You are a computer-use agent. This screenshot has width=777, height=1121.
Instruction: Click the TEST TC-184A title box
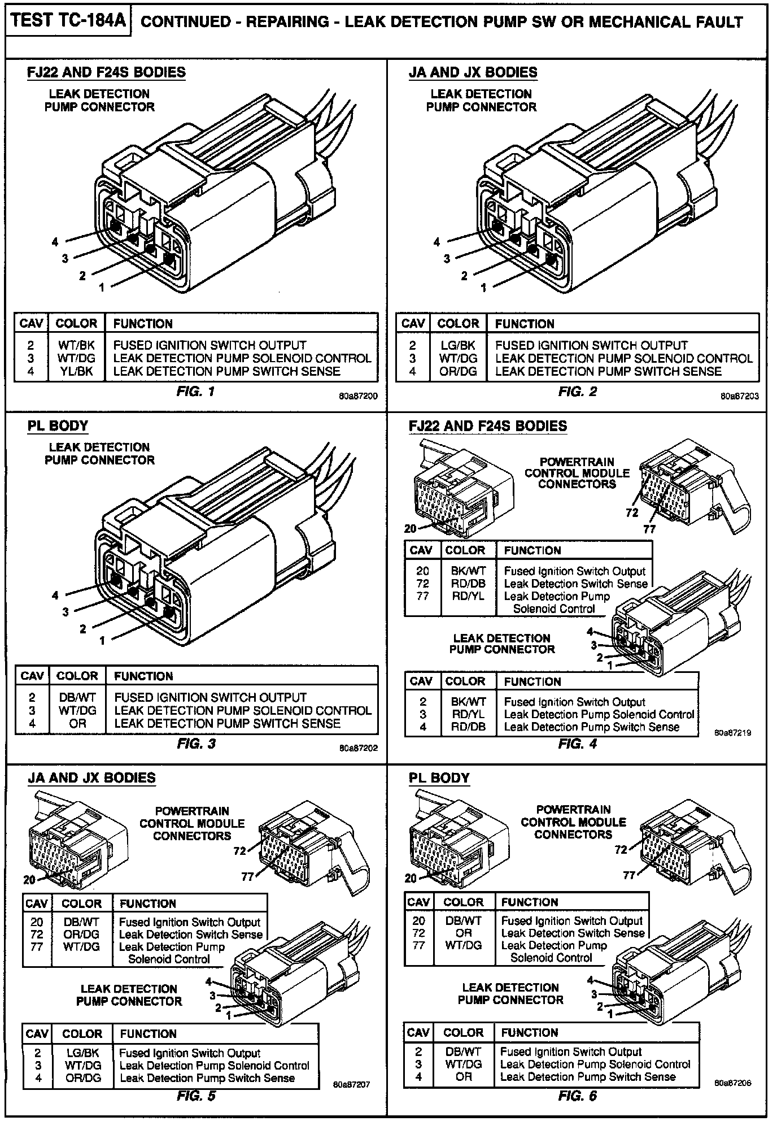[x=67, y=22]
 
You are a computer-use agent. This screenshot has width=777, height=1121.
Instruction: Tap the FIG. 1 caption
[x=195, y=391]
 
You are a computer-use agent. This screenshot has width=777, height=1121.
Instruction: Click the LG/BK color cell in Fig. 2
[x=458, y=345]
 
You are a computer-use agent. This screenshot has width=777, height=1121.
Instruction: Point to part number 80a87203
[x=739, y=396]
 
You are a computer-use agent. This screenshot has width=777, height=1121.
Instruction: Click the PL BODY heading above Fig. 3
[x=58, y=425]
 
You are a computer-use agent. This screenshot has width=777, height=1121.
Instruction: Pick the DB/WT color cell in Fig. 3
[x=77, y=697]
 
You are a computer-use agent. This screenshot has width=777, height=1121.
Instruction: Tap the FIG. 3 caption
[x=196, y=744]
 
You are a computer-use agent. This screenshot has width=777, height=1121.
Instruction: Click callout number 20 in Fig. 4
[x=411, y=529]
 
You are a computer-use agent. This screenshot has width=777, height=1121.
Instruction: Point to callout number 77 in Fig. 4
[x=649, y=529]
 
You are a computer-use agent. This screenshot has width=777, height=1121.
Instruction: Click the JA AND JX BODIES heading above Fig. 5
[x=91, y=777]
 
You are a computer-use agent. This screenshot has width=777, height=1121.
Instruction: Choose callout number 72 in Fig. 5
[x=240, y=851]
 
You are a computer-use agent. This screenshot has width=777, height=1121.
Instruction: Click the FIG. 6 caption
[x=577, y=1096]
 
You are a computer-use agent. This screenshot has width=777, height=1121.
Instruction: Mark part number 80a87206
[x=732, y=1083]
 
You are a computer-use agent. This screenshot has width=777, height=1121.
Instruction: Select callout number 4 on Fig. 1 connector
[x=55, y=242]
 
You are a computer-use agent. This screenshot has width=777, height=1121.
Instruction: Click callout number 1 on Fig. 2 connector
[x=483, y=288]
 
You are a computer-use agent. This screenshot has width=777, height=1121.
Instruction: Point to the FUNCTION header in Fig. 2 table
[x=525, y=324]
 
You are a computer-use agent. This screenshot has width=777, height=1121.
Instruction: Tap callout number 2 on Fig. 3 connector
[x=82, y=629]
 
